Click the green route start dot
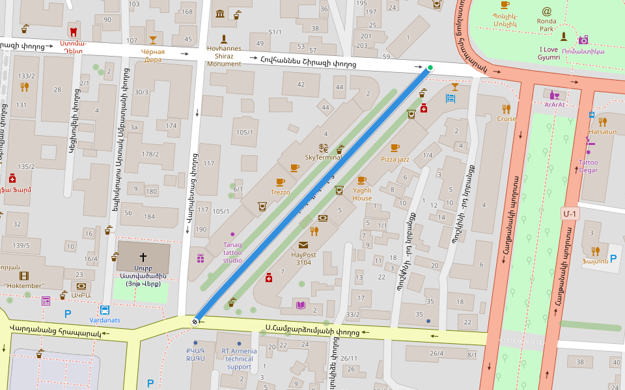click(x=430, y=68)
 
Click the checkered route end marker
click(x=195, y=321)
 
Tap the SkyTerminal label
click(x=324, y=157)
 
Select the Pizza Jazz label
click(x=395, y=159)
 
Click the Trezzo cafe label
click(x=280, y=192)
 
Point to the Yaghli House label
click(x=362, y=194)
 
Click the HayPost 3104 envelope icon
click(x=303, y=245)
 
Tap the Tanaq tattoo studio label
click(x=232, y=252)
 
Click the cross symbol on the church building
click(x=143, y=257)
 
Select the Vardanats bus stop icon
click(x=105, y=310)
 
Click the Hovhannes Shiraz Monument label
click(x=224, y=56)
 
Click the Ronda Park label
click(x=546, y=25)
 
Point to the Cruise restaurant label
click(x=506, y=119)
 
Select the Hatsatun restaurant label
click(x=602, y=131)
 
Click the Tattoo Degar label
click(x=588, y=166)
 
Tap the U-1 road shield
click(x=570, y=213)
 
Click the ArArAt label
click(x=555, y=105)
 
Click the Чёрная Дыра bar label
click(x=153, y=55)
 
